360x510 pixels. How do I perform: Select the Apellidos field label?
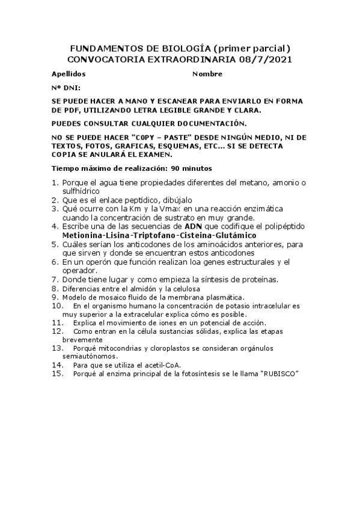69,74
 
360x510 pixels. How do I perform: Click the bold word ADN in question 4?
209,226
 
